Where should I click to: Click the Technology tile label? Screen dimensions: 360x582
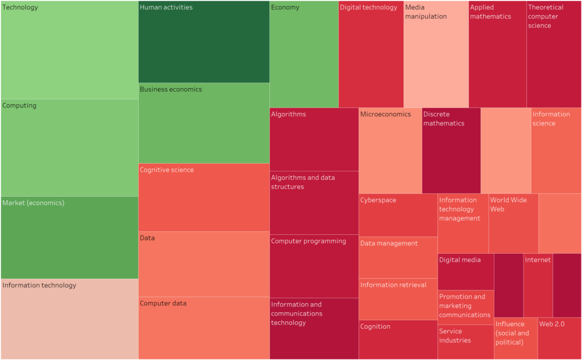click(x=20, y=7)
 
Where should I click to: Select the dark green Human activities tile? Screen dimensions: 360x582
click(x=203, y=42)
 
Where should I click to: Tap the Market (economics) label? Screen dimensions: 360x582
click(x=33, y=203)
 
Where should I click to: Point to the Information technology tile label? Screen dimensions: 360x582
click(x=39, y=285)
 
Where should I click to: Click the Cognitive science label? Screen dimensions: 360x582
click(x=167, y=170)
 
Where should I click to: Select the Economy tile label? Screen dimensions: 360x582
click(x=285, y=7)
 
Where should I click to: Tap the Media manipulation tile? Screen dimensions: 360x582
click(x=436, y=55)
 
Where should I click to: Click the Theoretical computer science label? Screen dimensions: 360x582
click(x=546, y=16)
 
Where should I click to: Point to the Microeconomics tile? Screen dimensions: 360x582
click(x=390, y=151)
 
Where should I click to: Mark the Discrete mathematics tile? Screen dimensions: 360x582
click(x=451, y=151)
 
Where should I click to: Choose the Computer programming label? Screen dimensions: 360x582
click(x=308, y=241)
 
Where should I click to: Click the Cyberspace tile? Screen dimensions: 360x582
click(x=398, y=215)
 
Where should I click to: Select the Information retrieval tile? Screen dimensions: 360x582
click(x=398, y=299)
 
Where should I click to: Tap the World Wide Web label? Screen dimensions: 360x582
click(x=508, y=205)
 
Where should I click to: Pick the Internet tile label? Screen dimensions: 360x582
click(x=538, y=260)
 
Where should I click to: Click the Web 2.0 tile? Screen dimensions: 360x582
click(x=559, y=338)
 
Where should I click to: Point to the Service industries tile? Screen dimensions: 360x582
click(x=465, y=342)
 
